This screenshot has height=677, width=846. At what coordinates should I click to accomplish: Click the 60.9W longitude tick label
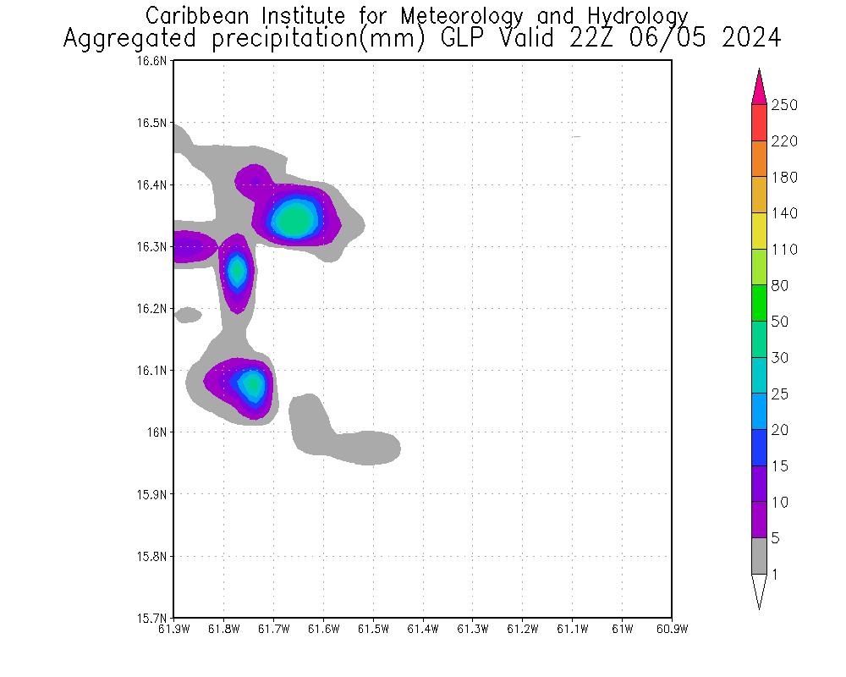pos(672,629)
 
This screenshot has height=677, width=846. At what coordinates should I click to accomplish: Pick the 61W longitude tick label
pos(622,629)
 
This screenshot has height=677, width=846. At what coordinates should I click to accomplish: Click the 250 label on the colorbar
pos(783,105)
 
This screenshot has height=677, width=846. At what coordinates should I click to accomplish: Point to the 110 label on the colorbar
pos(783,250)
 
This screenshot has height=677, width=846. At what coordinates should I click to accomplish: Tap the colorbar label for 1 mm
pos(775,575)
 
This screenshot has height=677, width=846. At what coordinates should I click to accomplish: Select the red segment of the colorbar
pos(759,123)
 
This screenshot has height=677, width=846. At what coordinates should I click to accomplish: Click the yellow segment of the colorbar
pos(759,231)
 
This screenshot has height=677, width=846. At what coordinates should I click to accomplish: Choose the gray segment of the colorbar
pos(759,556)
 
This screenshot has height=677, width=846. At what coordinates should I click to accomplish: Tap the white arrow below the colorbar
pos(759,589)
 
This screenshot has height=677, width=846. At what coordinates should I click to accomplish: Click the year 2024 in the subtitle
pos(751,39)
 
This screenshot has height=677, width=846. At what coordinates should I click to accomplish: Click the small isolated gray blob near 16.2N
pos(187,315)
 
